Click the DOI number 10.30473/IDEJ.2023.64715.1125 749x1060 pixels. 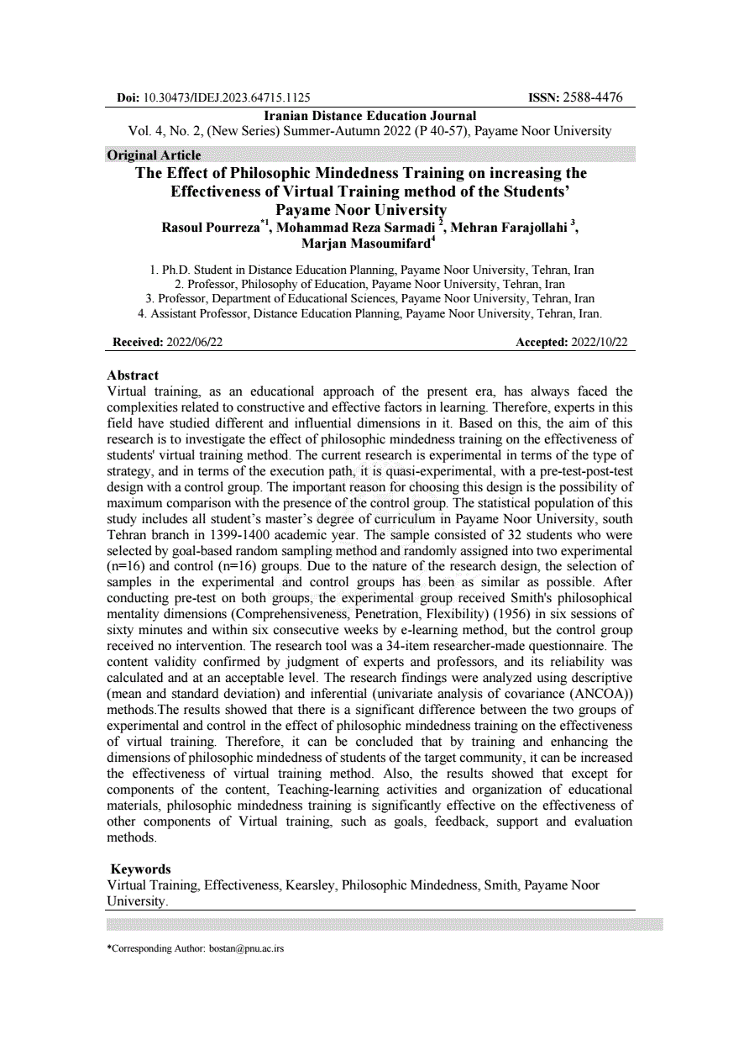pos(227,98)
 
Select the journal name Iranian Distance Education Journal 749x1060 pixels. pos(370,116)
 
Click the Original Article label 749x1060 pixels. pos(155,155)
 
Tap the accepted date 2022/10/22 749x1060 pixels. pos(599,343)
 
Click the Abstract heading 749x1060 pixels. pos(133,375)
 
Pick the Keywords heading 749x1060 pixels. pos(140,869)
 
